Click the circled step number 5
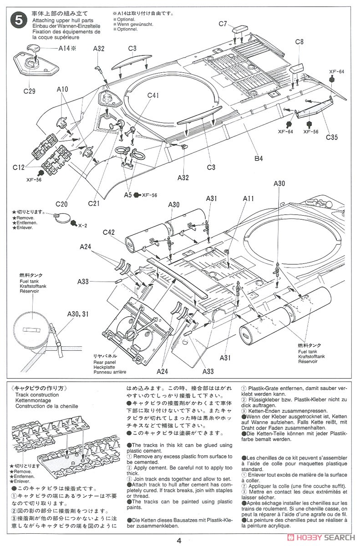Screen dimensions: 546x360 coord(18,20)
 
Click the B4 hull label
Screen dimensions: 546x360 coord(259,159)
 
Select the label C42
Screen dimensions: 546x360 coord(108,232)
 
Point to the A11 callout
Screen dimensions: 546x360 coord(248,198)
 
